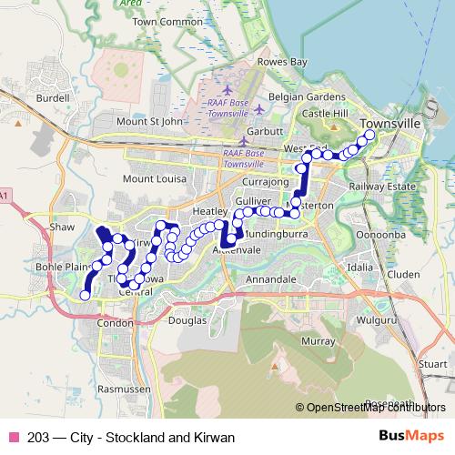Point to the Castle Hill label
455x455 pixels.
click(x=326, y=113)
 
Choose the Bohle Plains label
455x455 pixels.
click(x=59, y=268)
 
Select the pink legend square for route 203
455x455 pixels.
click(x=13, y=438)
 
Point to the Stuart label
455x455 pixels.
click(x=432, y=363)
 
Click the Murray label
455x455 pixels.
click(x=318, y=340)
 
